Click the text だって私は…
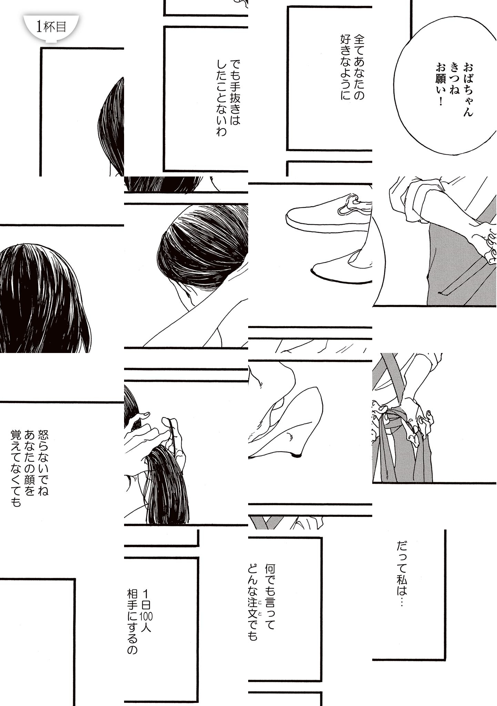[402, 579]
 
